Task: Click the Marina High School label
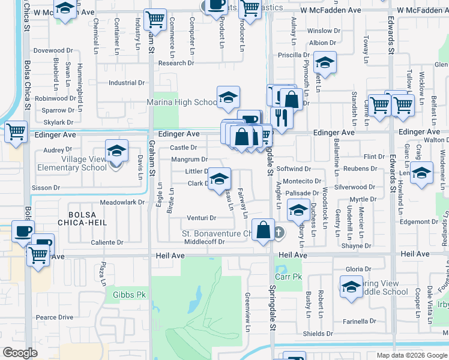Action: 181,103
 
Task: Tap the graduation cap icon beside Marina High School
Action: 228,98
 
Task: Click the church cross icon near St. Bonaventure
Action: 278,232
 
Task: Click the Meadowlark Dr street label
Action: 122,202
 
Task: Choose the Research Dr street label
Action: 176,63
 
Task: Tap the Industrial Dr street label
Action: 127,83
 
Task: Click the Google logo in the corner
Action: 20,353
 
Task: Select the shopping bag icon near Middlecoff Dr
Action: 263,230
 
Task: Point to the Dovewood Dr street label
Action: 52,51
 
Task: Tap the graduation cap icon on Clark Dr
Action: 219,179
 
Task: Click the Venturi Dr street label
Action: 201,218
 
